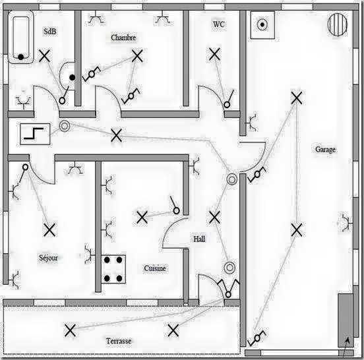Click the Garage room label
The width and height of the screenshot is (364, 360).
[x=325, y=150]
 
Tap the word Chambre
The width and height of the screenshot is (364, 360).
[x=123, y=38]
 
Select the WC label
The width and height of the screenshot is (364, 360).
[x=219, y=24]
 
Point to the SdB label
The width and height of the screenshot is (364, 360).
[x=50, y=32]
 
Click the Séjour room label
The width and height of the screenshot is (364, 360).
[x=48, y=258]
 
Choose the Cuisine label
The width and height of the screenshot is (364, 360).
[x=155, y=268]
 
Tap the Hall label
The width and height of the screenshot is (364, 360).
[x=199, y=239]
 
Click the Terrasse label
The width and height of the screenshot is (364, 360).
[x=119, y=341]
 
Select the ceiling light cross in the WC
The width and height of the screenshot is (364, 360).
[x=214, y=54]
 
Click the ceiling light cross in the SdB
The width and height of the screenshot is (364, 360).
[x=44, y=56]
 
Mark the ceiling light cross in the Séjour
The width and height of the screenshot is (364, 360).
[x=49, y=230]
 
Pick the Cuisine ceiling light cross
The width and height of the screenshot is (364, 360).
[x=142, y=218]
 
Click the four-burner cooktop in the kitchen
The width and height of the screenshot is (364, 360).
[x=113, y=269]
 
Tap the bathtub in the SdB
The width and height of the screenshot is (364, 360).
[x=20, y=37]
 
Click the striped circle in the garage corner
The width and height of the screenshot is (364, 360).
[x=338, y=24]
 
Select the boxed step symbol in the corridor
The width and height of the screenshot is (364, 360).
[x=35, y=134]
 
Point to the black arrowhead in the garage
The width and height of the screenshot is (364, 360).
[x=347, y=341]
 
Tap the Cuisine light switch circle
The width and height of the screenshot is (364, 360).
[x=177, y=211]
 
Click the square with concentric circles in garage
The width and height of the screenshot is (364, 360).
[x=262, y=24]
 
